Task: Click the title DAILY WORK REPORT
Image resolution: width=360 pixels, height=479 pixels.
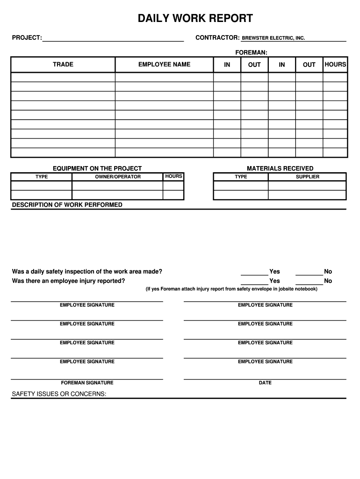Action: point(195,19)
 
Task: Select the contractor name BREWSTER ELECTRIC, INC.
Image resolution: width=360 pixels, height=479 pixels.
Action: point(273,38)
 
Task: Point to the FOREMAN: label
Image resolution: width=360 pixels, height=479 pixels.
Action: point(251,52)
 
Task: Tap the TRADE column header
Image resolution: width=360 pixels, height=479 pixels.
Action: point(63,65)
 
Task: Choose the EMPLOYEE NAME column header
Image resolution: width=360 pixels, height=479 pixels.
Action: point(164,65)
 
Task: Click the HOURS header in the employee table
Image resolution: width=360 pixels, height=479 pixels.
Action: point(335,65)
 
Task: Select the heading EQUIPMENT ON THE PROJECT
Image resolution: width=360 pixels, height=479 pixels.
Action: point(97,168)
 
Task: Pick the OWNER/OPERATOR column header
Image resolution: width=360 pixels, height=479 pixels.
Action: point(118,177)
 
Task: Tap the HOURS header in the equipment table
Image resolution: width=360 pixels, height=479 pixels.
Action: point(173,176)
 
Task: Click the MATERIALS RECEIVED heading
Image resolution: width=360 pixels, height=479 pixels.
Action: point(280,168)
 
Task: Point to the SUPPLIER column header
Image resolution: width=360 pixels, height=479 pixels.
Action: point(308,177)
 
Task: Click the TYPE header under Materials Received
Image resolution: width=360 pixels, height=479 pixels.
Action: point(241,177)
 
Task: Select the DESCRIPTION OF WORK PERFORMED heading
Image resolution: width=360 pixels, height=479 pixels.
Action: point(67,205)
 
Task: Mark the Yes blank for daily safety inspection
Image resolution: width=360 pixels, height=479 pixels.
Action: point(254,272)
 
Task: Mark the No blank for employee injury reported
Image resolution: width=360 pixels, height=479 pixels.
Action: point(309,282)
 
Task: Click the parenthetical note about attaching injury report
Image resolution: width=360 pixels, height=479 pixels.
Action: point(231,289)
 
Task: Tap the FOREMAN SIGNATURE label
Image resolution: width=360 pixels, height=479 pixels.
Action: point(87,383)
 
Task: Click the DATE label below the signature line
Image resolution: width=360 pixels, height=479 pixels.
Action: point(265,383)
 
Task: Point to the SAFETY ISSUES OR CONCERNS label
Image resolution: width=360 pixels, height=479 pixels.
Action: point(59,394)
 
